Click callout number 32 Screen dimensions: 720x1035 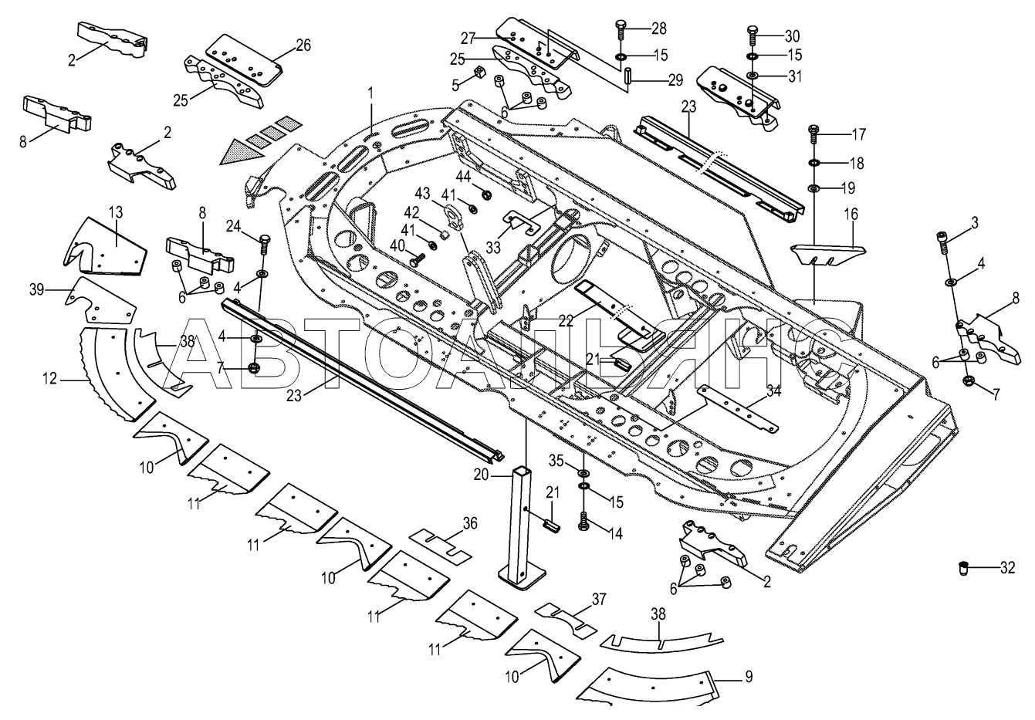(1007, 569)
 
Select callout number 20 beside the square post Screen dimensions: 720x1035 (482, 475)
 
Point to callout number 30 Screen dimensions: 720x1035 (793, 36)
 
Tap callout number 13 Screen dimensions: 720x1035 (115, 212)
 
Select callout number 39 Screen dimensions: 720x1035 (37, 289)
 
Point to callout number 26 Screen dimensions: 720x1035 (303, 45)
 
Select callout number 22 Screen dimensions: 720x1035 (567, 320)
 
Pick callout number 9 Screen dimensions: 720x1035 (748, 679)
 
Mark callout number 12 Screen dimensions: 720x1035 (49, 378)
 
